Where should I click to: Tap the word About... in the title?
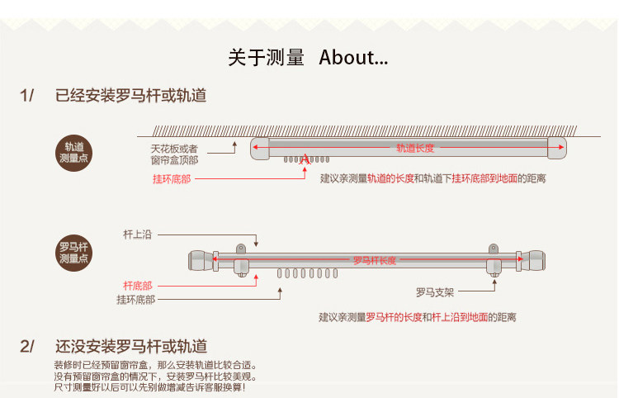point(353,58)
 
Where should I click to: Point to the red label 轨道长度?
point(414,149)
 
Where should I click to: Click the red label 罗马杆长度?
point(375,261)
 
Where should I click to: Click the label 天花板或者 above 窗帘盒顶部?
point(174,148)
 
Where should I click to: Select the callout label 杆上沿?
point(138,235)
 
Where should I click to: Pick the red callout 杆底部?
point(138,285)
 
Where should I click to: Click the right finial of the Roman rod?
point(535,261)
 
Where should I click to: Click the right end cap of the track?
point(557,149)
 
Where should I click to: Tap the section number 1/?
point(27,95)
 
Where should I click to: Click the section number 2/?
point(27,346)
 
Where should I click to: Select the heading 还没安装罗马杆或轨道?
point(131,346)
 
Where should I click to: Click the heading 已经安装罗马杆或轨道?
point(131,95)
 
